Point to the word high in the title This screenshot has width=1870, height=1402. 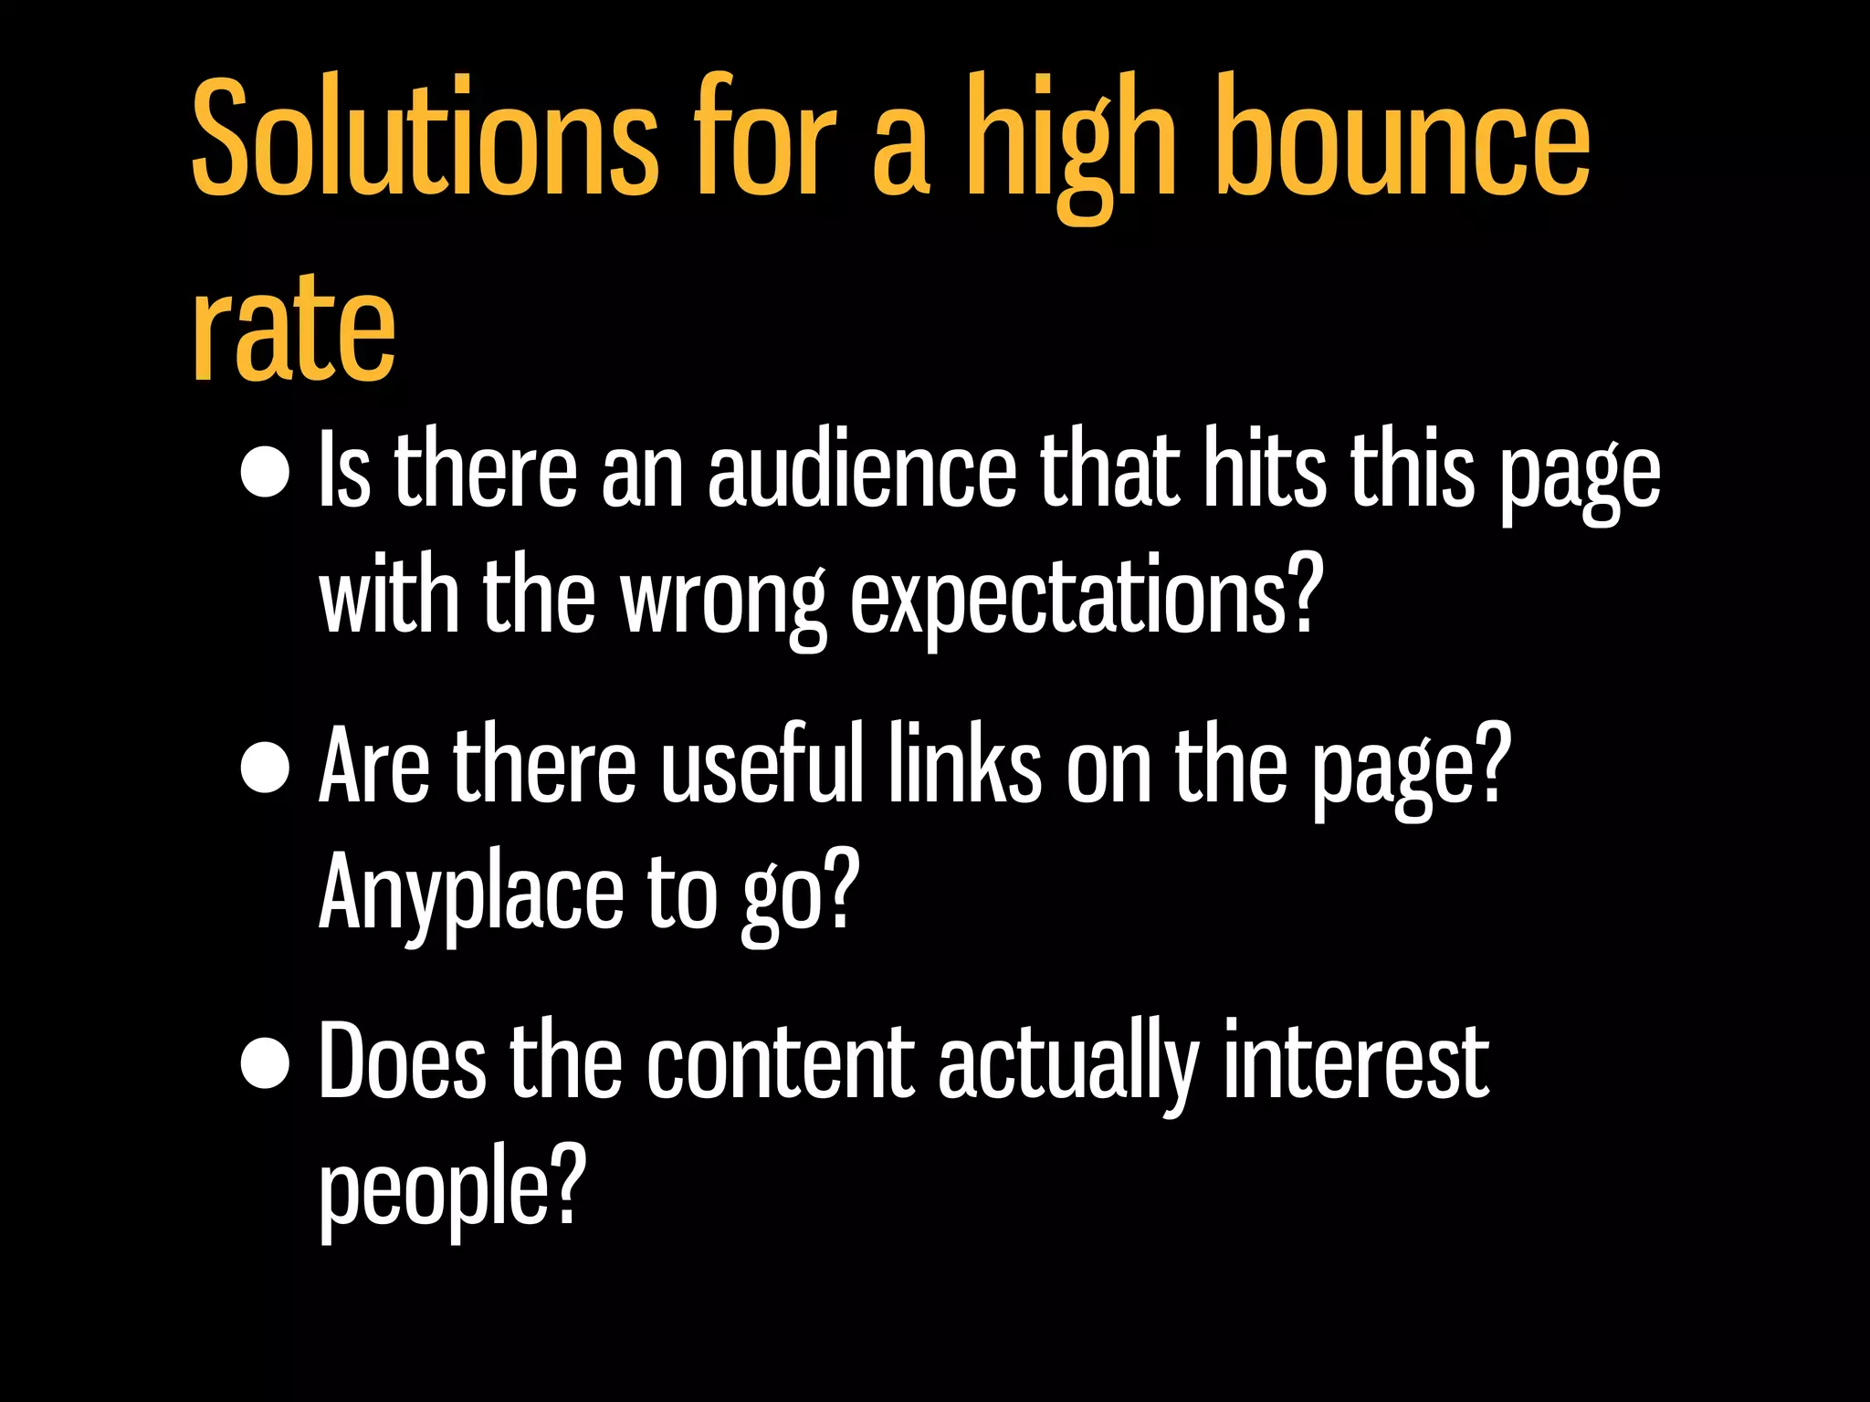pyautogui.click(x=1070, y=146)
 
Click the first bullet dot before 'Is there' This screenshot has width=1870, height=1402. pyautogui.click(x=265, y=473)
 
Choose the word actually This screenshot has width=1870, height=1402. pyautogui.click(x=1067, y=1066)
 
